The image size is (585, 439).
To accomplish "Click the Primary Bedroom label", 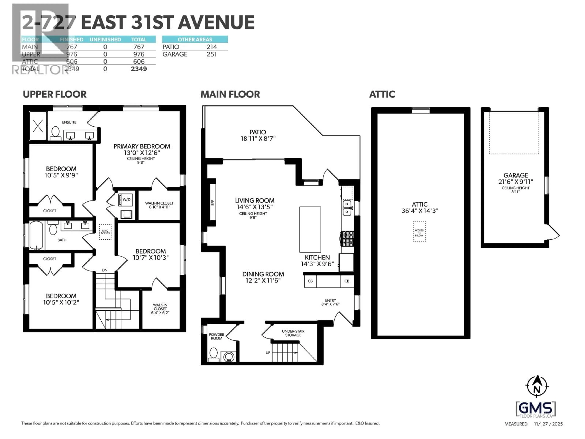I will (x=142, y=146).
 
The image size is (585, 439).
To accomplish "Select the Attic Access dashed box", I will (x=105, y=232).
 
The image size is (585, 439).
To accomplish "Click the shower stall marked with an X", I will (x=38, y=126).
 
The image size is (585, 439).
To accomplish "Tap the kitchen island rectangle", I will (x=310, y=229).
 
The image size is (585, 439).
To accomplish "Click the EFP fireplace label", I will (x=212, y=202).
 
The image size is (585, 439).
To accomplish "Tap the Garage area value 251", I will (x=212, y=54).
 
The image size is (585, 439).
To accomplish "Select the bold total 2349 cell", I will (x=139, y=69).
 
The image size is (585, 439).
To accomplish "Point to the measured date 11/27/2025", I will (x=548, y=424).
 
